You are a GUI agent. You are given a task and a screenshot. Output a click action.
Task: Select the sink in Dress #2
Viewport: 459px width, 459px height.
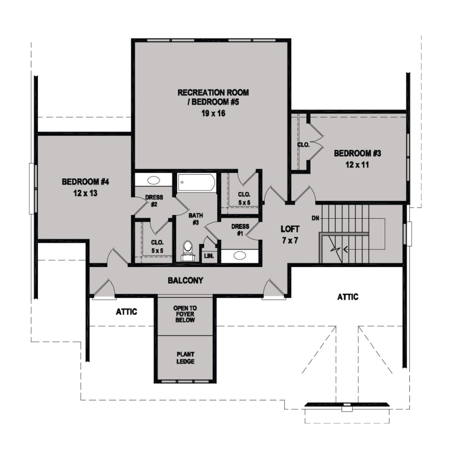153,180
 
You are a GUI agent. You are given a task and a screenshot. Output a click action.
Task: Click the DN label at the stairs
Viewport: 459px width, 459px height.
316,218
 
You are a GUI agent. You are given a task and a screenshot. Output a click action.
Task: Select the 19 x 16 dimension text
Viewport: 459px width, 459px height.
213,113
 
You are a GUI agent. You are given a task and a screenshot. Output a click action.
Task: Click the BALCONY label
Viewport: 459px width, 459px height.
186,280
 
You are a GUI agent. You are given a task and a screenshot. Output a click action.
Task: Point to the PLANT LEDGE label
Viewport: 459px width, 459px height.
186,358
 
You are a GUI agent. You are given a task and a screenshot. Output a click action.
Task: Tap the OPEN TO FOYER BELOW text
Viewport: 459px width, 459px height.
185,314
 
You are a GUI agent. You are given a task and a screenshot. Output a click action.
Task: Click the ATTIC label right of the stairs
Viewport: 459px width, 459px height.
348,297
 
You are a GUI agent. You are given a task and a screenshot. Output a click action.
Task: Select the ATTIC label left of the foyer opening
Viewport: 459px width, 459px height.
127,312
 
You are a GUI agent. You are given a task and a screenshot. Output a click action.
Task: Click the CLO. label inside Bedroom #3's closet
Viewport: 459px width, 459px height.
303,145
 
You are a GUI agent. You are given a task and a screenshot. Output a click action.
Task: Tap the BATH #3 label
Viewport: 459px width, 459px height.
195,219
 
